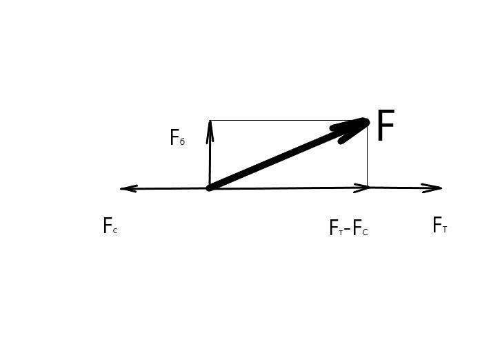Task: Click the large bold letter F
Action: pos(386,125)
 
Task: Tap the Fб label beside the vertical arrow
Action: pos(177,137)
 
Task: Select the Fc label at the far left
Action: pos(110,226)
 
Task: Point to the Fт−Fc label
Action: pos(349,228)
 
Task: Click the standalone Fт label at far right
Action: pos(440,225)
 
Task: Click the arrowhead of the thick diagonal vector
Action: pos(352,129)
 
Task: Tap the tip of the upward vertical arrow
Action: pos(210,121)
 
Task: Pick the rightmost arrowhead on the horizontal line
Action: pos(441,188)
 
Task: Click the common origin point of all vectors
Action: pos(210,188)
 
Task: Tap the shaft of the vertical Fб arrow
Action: pos(210,154)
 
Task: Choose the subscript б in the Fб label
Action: pos(183,142)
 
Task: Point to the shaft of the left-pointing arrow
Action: pos(166,188)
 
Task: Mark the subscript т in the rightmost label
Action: pos(445,230)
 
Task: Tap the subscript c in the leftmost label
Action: pos(114,230)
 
